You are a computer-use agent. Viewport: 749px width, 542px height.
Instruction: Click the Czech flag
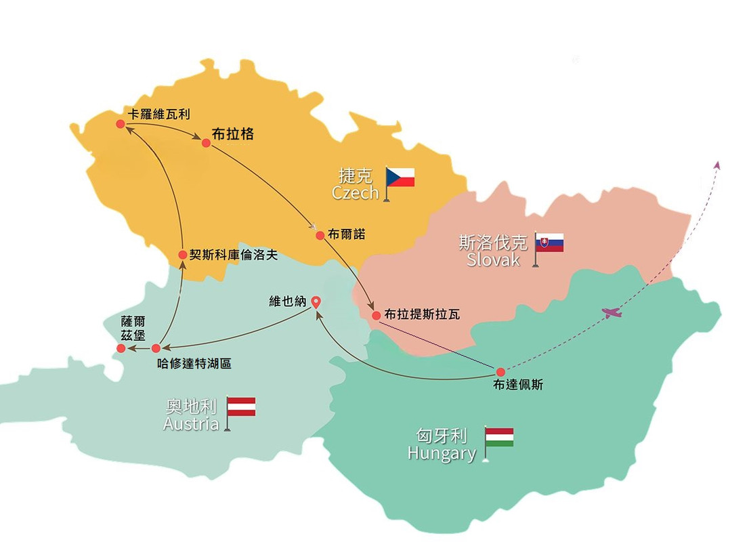click(x=400, y=178)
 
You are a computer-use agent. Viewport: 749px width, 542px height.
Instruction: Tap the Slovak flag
click(x=549, y=243)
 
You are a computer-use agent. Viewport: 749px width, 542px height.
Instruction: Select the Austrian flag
click(x=240, y=406)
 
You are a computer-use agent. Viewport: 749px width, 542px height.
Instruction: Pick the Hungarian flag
click(x=500, y=437)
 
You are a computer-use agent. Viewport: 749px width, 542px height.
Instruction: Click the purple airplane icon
click(x=612, y=312)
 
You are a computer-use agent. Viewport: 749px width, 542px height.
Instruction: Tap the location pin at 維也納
click(x=315, y=303)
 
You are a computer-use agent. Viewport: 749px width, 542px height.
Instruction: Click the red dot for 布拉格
click(x=206, y=142)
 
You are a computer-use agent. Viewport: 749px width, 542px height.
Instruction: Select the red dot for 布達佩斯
click(x=500, y=371)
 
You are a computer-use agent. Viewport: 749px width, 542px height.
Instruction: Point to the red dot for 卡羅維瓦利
click(x=120, y=123)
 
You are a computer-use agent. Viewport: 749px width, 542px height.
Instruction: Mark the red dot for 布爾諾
click(x=320, y=235)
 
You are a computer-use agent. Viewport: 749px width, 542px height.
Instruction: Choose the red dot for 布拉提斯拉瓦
click(x=377, y=315)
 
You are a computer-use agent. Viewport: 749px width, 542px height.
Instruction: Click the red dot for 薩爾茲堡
click(x=121, y=348)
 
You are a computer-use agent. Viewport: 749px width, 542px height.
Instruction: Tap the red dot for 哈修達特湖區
click(x=156, y=348)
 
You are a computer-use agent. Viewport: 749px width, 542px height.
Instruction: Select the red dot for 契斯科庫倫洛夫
click(x=182, y=255)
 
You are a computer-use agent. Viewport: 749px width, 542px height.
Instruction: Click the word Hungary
click(x=442, y=453)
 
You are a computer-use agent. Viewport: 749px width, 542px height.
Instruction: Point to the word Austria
click(x=191, y=424)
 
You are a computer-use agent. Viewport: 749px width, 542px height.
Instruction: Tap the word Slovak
click(x=493, y=259)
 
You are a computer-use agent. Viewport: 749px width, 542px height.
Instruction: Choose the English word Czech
click(x=355, y=193)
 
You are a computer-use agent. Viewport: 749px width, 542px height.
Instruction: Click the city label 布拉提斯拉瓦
click(x=422, y=315)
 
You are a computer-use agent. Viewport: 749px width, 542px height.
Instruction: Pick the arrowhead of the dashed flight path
click(x=717, y=165)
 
